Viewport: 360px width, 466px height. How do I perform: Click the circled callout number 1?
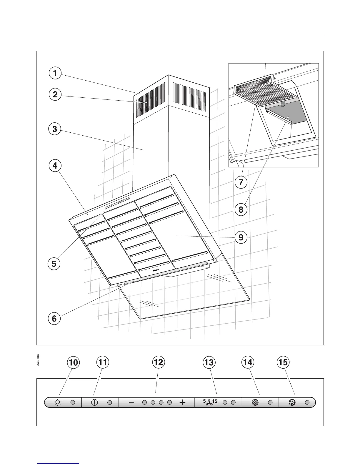[x=55, y=73]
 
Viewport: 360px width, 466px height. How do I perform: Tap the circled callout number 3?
[x=55, y=129]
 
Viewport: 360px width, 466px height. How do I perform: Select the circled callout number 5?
[x=54, y=264]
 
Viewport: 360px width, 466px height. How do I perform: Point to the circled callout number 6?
[x=54, y=319]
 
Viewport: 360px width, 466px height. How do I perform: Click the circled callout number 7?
[x=241, y=182]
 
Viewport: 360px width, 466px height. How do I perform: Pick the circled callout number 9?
[x=241, y=237]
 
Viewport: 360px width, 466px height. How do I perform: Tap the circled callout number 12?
[x=158, y=362]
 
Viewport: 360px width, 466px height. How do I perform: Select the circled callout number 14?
[x=248, y=362]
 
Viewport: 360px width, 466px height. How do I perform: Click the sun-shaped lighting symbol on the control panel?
[x=58, y=402]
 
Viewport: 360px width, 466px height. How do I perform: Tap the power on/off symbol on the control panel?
[x=95, y=402]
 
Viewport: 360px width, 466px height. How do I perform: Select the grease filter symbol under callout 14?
[x=255, y=402]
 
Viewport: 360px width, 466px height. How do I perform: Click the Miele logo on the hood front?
[x=156, y=270]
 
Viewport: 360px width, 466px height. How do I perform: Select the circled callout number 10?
[x=73, y=362]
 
